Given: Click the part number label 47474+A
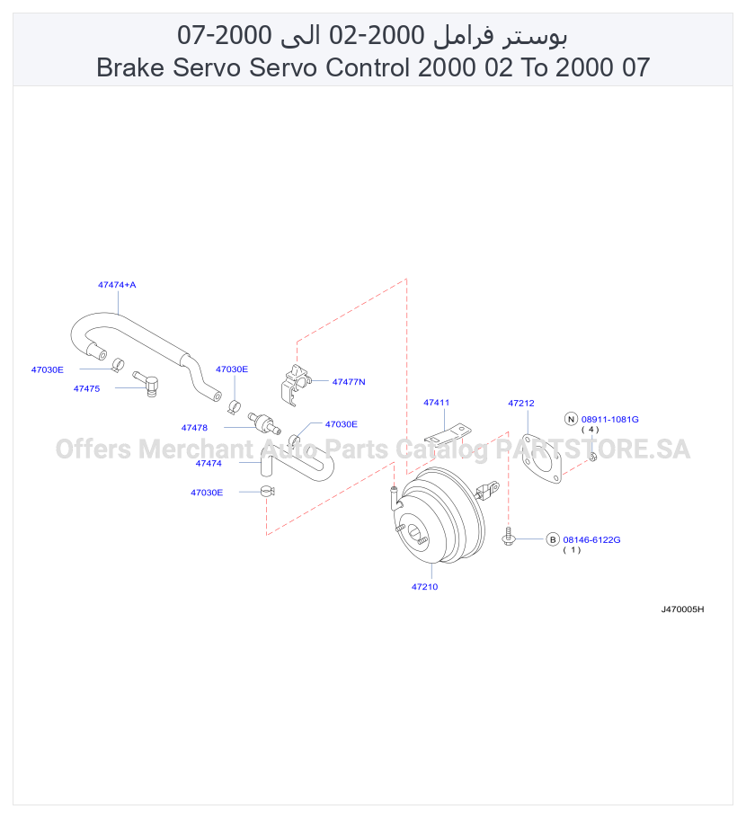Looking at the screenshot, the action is click(117, 285).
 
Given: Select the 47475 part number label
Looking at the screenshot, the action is click(86, 388).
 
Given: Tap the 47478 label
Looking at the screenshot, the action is click(194, 428).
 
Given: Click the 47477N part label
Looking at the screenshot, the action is click(349, 382).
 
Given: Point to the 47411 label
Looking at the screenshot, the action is click(436, 403).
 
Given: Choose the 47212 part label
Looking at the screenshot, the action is click(521, 404).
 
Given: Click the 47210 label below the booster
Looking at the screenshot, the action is click(424, 587).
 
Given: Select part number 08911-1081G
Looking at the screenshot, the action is click(610, 420).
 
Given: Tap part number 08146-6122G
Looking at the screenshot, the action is click(591, 540).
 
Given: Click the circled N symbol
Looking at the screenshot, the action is click(572, 419).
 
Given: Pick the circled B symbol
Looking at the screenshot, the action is click(553, 539).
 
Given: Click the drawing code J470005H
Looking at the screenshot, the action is click(682, 609).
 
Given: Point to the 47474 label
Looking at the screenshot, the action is click(209, 463).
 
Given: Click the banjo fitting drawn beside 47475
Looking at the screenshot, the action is click(147, 384).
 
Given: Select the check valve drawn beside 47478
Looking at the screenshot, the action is click(264, 422).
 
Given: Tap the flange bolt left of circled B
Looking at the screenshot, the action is click(509, 537).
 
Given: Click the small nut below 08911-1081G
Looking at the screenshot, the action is click(592, 458).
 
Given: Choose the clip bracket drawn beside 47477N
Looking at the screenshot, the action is click(296, 385).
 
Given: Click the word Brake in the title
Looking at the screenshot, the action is click(130, 67).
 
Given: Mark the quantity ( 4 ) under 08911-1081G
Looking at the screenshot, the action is click(590, 430).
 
